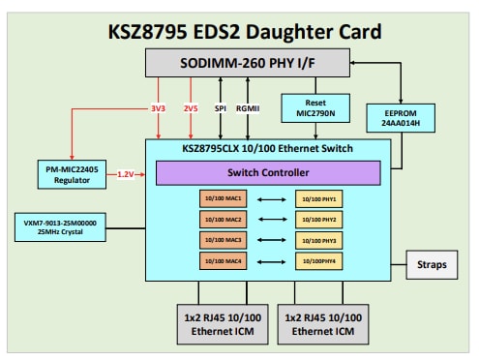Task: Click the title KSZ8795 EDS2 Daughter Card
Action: tap(240, 28)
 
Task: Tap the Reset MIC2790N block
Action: tap(308, 106)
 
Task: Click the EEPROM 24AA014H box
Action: tap(402, 118)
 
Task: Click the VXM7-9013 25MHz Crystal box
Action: tap(60, 226)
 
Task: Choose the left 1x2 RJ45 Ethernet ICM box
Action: tap(218, 321)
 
